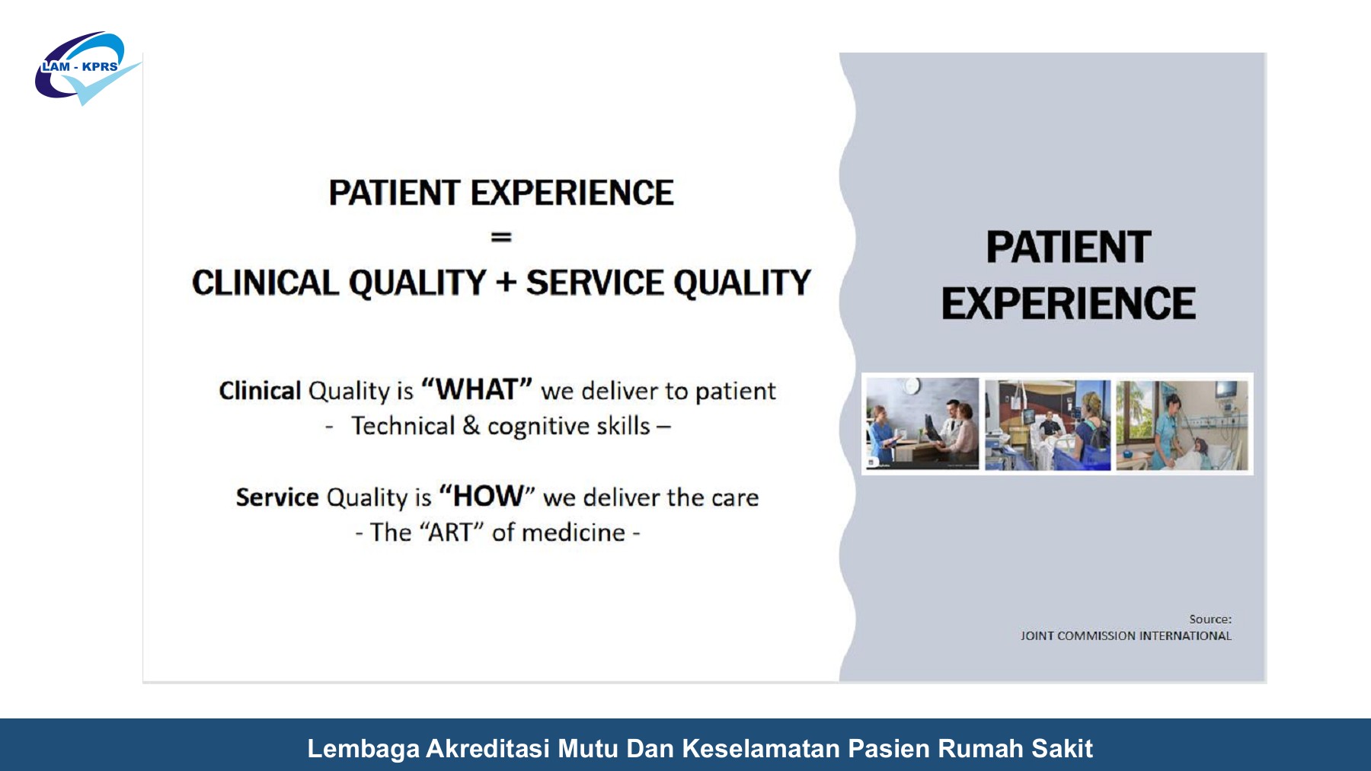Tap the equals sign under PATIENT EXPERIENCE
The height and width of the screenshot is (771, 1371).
[x=501, y=238]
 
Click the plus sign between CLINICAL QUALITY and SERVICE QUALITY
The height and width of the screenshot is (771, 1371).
[x=506, y=283]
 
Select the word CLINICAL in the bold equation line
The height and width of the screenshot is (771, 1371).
[x=264, y=283]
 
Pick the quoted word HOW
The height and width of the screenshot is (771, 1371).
[x=487, y=496]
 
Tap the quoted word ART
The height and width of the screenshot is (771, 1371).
[x=452, y=532]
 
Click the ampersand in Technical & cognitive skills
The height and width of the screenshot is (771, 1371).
[x=471, y=425]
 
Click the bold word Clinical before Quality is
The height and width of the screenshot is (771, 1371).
[x=260, y=391]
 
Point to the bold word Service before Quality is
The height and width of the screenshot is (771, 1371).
[x=277, y=497]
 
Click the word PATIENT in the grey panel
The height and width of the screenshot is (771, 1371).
[x=1069, y=248]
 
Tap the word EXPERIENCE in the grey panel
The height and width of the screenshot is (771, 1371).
[x=1069, y=303]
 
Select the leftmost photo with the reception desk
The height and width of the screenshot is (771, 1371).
[x=922, y=424]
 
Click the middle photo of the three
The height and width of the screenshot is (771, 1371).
[x=1048, y=425]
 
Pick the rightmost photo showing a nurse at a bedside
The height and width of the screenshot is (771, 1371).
[x=1182, y=425]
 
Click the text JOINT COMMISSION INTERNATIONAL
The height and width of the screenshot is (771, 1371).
[x=1127, y=636]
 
